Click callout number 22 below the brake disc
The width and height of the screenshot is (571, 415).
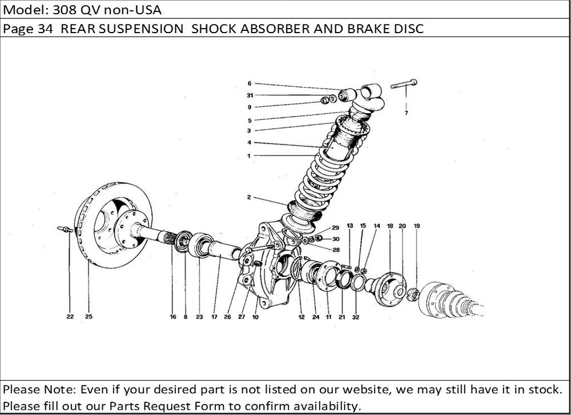pos(70,317)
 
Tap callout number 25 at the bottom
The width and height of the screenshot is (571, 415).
pos(89,317)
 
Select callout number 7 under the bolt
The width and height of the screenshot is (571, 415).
pos(407,113)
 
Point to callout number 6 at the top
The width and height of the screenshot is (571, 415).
pos(250,83)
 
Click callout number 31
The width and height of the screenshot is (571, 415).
pos(250,95)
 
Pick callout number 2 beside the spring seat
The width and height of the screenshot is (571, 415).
pos(249,197)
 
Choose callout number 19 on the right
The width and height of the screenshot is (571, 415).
pos(417,226)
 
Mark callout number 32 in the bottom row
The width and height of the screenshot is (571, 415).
pos(355,317)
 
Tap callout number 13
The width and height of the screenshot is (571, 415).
pos(350,226)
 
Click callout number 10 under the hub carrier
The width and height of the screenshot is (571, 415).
pos(255,317)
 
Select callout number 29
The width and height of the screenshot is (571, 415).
pos(335,228)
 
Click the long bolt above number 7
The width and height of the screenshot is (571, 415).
pos(404,84)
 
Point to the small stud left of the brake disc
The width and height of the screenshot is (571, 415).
pos(65,229)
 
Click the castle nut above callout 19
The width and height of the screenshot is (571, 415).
pos(412,294)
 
